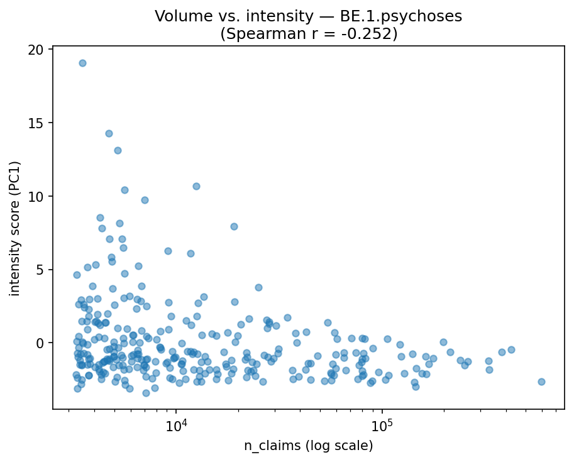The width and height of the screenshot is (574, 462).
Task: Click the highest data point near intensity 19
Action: [x=82, y=63]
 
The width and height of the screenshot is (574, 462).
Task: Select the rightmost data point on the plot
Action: [x=541, y=382]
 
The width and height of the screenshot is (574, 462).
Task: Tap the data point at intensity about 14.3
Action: [x=109, y=133]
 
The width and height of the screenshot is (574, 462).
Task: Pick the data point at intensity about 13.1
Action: [x=118, y=150]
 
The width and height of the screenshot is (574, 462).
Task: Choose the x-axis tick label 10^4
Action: [x=176, y=426]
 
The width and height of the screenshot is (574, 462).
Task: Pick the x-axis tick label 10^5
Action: [x=382, y=426]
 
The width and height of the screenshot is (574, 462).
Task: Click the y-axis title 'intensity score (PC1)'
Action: [x=15, y=229]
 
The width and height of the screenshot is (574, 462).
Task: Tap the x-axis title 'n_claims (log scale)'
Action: [x=308, y=446]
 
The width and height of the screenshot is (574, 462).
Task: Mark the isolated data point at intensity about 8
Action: [x=234, y=226]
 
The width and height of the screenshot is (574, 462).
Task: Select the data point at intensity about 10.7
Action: [x=196, y=186]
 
